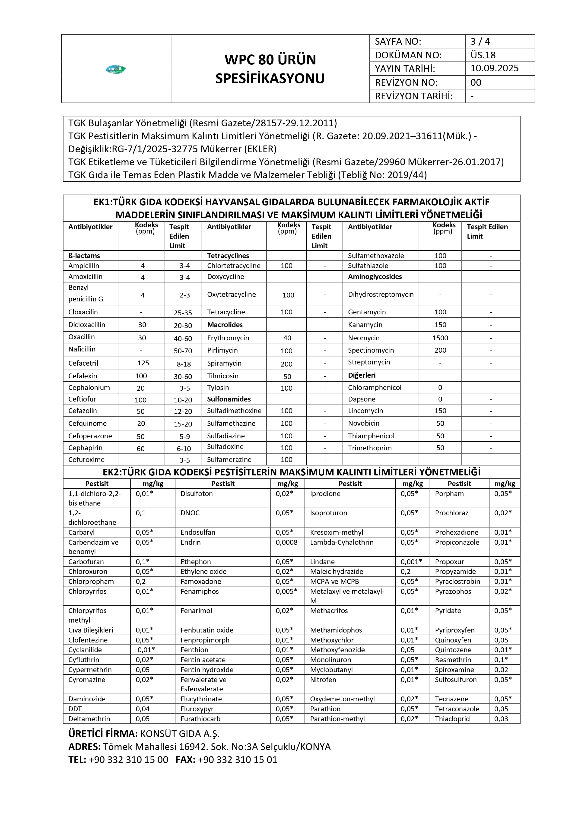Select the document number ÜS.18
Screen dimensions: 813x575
(x=483, y=55)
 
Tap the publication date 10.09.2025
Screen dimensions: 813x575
(x=494, y=68)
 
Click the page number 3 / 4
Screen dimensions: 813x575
(x=480, y=41)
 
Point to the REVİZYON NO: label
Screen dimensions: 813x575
(x=406, y=82)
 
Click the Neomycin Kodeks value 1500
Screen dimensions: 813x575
(x=440, y=338)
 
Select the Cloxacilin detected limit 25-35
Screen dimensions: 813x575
(x=183, y=313)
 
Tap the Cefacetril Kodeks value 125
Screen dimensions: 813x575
(x=143, y=363)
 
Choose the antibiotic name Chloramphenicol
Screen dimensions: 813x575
(x=375, y=387)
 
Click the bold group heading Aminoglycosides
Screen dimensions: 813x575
(x=375, y=277)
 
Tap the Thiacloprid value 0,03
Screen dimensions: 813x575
(x=501, y=719)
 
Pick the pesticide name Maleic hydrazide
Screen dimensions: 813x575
(x=336, y=572)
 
